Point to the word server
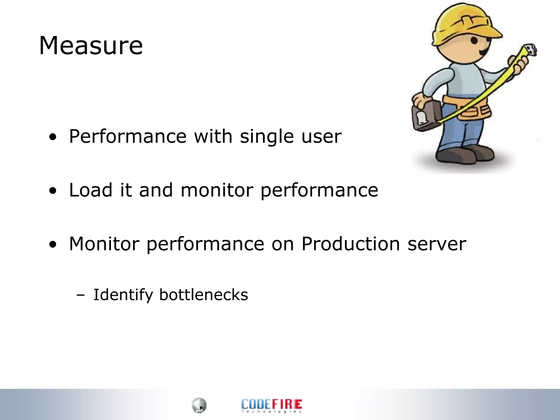437,244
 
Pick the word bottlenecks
203,295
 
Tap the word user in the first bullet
321,136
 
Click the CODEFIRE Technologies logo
272,406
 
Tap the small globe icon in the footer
199,405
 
